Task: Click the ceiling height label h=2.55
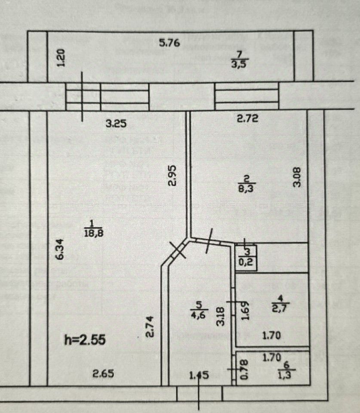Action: [84, 339]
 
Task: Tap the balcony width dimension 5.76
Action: [169, 43]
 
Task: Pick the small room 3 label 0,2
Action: [246, 257]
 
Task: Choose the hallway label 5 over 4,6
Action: [199, 309]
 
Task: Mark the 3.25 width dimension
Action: [116, 124]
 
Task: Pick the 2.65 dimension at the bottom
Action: [103, 373]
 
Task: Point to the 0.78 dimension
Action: [244, 369]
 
